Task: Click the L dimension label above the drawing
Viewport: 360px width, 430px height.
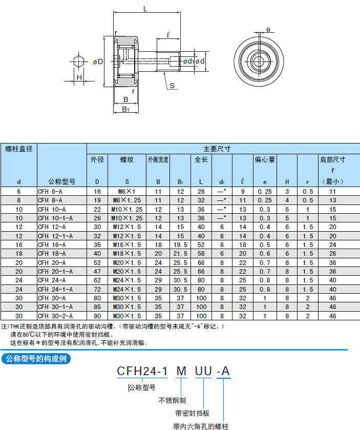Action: tap(145, 9)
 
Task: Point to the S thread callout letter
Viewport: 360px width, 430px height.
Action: tap(172, 86)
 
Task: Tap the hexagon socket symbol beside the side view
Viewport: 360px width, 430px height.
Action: tap(79, 61)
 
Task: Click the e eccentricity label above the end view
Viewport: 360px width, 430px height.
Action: tap(268, 29)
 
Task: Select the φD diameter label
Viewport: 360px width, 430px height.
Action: tap(98, 62)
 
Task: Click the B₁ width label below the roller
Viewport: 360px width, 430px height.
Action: tap(125, 109)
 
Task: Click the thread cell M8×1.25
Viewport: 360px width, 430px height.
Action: tap(127, 200)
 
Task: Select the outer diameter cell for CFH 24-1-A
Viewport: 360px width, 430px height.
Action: tap(97, 290)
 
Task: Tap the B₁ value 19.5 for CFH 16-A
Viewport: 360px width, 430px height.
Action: tap(180, 245)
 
